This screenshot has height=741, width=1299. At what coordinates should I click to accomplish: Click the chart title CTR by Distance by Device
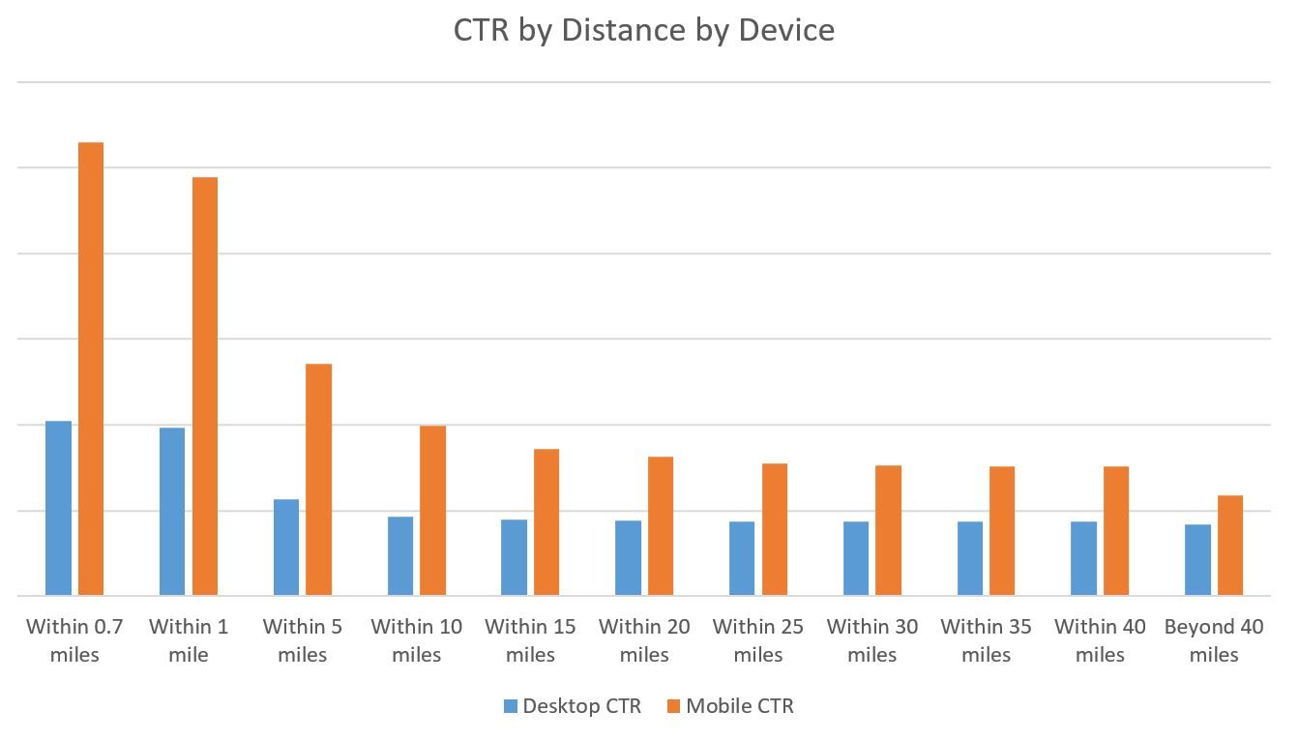(x=643, y=30)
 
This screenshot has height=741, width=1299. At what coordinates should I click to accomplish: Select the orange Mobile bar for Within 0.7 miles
(x=91, y=369)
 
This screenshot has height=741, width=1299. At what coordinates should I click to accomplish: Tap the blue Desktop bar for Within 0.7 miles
(x=58, y=508)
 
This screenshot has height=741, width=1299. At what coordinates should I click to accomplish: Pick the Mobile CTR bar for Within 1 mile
(x=205, y=386)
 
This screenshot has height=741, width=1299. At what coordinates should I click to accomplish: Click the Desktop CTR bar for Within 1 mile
(x=172, y=511)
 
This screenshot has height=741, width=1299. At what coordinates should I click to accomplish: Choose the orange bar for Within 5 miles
(x=319, y=479)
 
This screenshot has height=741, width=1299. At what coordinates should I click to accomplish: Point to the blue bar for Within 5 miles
(x=286, y=547)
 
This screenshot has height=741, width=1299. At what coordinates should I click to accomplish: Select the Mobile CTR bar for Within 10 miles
(x=433, y=510)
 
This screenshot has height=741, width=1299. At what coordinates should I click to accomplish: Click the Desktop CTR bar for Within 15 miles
(x=515, y=557)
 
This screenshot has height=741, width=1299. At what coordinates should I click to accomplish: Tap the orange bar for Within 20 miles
(x=661, y=525)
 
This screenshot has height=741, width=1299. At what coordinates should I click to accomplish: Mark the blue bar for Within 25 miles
(x=742, y=558)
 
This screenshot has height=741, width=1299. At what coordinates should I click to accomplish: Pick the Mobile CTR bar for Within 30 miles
(x=889, y=530)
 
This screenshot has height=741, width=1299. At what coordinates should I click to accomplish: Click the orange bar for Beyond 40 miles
(x=1230, y=545)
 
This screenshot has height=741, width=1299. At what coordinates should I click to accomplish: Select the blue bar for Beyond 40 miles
(x=1197, y=559)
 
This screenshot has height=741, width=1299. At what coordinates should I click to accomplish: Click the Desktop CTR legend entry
(x=573, y=706)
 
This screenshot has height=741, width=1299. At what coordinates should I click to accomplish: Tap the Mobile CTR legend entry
(x=730, y=706)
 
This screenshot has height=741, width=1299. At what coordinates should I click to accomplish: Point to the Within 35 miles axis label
(x=986, y=640)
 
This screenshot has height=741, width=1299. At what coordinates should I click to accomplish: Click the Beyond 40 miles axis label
(x=1214, y=640)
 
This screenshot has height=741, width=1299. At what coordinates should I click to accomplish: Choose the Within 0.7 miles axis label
(x=74, y=640)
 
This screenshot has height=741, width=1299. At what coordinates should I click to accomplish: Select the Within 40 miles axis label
(x=1100, y=640)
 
